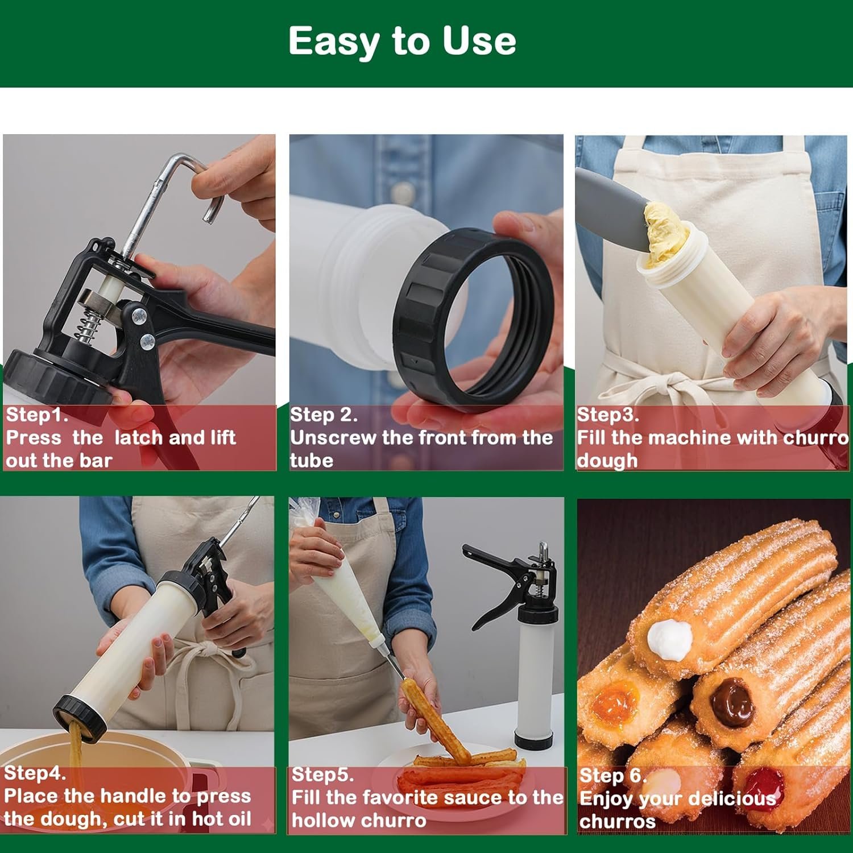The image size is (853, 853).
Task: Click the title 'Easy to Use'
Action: [402, 41]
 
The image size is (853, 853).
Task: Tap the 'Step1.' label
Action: [37, 415]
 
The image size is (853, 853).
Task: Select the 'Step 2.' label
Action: [324, 415]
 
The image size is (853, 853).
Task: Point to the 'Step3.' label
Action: [608, 415]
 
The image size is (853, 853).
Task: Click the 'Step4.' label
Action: [35, 773]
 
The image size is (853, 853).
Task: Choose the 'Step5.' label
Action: [322, 775]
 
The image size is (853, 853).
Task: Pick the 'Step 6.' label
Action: [613, 776]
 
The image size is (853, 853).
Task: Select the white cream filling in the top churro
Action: [670, 640]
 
